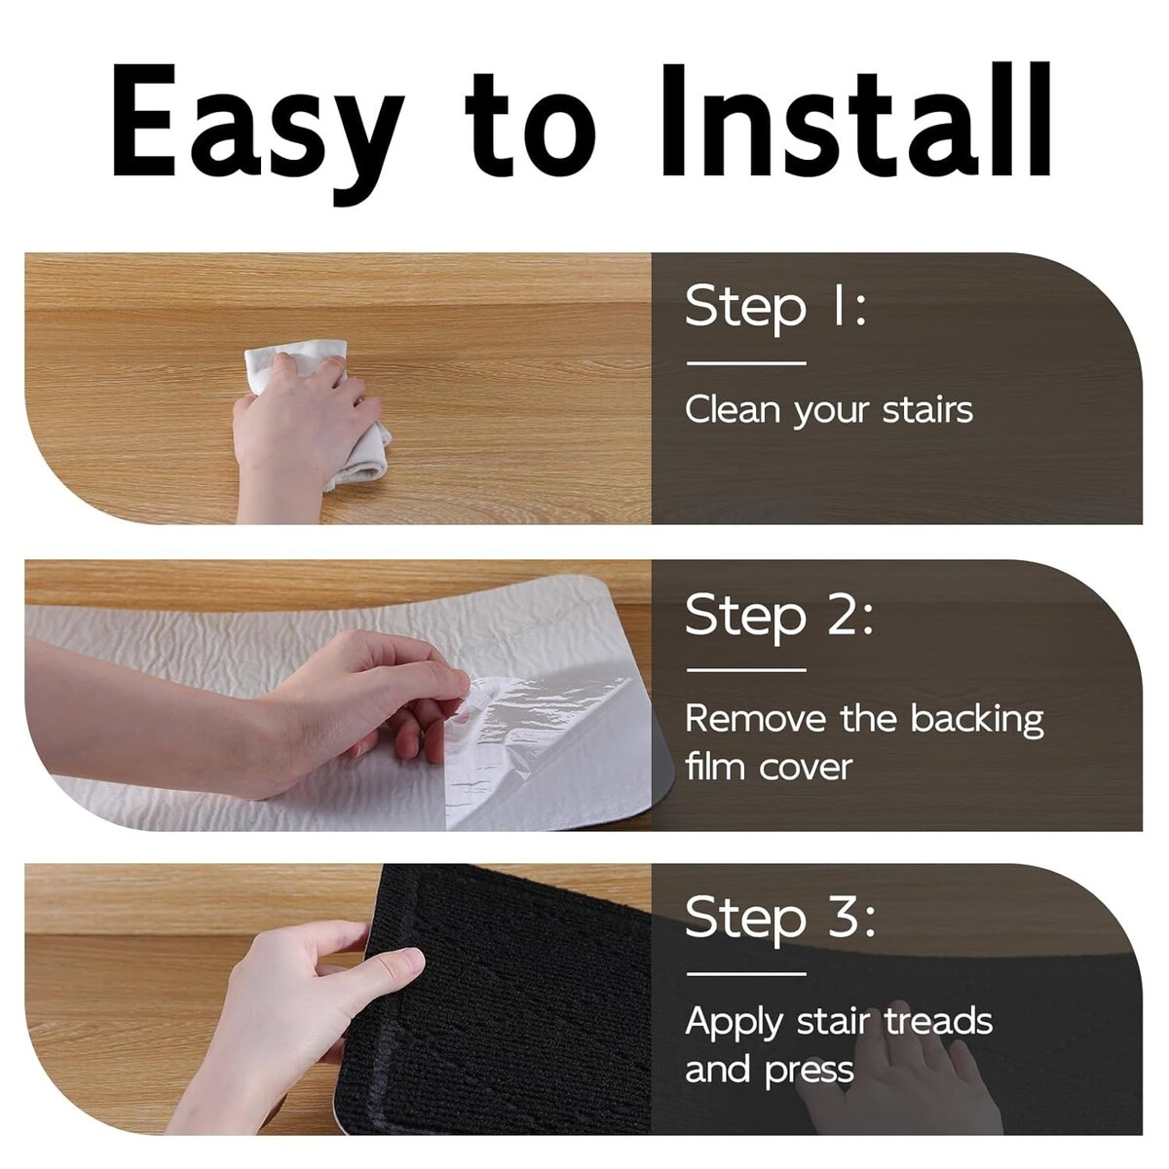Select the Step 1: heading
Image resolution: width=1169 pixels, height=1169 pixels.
click(776, 308)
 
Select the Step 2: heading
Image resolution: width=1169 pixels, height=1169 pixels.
click(779, 615)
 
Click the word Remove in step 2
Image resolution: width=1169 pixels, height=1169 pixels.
click(756, 718)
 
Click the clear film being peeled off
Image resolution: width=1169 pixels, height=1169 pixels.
click(546, 749)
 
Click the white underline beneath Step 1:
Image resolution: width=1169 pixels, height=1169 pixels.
click(746, 363)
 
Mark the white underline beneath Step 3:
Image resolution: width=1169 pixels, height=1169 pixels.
click(746, 974)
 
